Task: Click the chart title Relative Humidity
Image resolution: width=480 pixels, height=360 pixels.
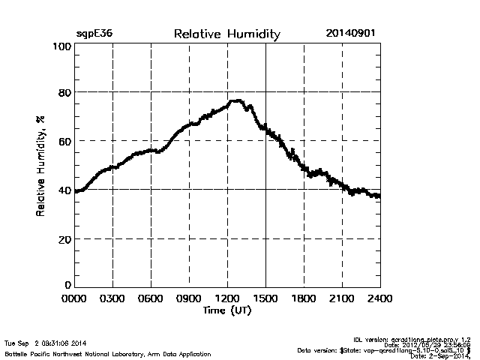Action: pyautogui.click(x=226, y=34)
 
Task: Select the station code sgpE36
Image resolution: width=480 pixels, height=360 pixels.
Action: pyautogui.click(x=94, y=34)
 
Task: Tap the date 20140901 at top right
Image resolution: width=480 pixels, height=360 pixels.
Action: pyautogui.click(x=351, y=34)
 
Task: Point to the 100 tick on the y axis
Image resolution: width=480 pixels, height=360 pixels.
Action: pyautogui.click(x=61, y=46)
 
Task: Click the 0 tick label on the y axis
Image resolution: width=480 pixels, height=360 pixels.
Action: pyautogui.click(x=67, y=285)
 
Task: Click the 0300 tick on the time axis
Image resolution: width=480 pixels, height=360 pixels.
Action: pyautogui.click(x=112, y=299)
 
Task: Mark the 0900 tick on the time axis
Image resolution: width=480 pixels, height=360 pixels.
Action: pyautogui.click(x=189, y=299)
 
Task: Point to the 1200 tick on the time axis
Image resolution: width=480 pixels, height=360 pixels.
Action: pyautogui.click(x=227, y=299)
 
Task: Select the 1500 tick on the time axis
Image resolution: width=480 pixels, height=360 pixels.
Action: pyautogui.click(x=265, y=299)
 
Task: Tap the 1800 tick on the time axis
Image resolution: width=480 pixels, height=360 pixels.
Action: pyautogui.click(x=304, y=299)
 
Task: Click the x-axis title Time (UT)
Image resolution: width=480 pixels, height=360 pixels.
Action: pyautogui.click(x=226, y=310)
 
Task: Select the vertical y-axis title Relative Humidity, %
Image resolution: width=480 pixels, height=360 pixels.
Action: pyautogui.click(x=41, y=166)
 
